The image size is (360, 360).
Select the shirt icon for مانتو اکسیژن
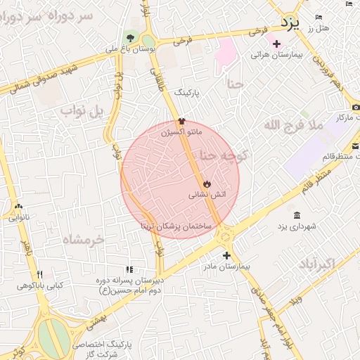click(181, 121)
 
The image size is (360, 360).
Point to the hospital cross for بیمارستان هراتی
click(276, 44)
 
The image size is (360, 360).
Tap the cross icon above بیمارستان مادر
click(226, 256)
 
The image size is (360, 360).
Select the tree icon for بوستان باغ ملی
click(130, 37)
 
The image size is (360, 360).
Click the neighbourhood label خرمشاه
click(83, 239)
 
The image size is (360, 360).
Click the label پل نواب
click(82, 111)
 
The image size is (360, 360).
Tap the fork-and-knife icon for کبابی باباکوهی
click(40, 274)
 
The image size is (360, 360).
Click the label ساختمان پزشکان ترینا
click(176, 226)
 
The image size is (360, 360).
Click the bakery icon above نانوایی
click(18, 207)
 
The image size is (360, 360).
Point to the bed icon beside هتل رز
click(319, 17)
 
